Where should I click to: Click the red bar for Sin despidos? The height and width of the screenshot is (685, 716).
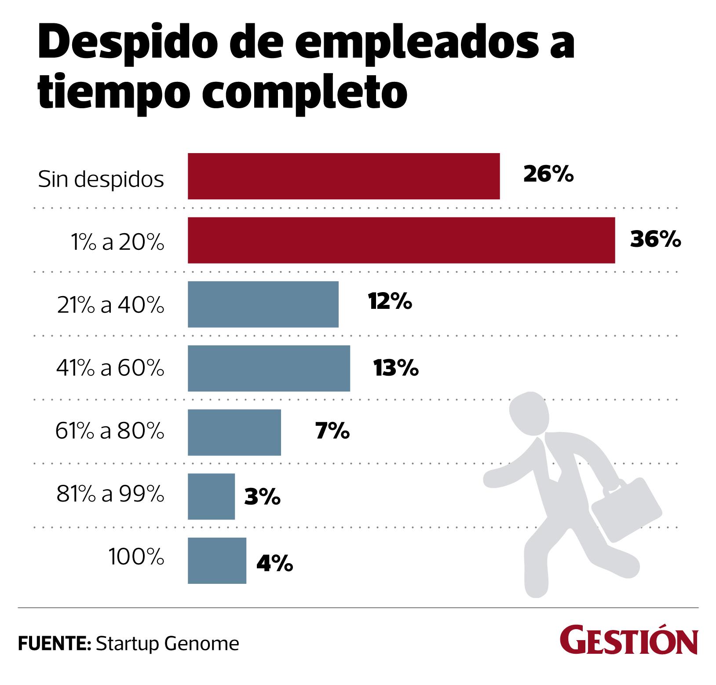pyautogui.click(x=343, y=176)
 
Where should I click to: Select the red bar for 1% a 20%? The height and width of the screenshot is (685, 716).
pyautogui.click(x=401, y=240)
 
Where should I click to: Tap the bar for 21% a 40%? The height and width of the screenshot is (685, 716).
pyautogui.click(x=263, y=304)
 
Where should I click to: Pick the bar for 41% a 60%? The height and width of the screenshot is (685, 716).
pyautogui.click(x=269, y=368)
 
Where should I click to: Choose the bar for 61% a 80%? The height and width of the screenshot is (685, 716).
pyautogui.click(x=234, y=432)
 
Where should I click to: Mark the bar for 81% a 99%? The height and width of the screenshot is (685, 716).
pyautogui.click(x=211, y=496)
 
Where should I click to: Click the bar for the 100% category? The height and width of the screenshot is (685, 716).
pyautogui.click(x=217, y=560)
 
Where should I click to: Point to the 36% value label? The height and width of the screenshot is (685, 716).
pyautogui.click(x=655, y=240)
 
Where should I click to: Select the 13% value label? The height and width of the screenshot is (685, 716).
pyautogui.click(x=396, y=368)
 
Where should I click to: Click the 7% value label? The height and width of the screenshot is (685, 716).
pyautogui.click(x=332, y=432)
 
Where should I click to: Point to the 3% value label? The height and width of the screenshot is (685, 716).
pyautogui.click(x=262, y=497)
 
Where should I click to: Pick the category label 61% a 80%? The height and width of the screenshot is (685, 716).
pyautogui.click(x=110, y=432)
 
